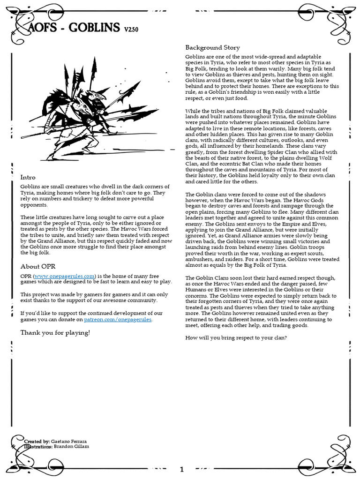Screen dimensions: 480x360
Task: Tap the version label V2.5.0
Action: click(x=131, y=30)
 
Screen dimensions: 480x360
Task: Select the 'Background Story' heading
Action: click(x=212, y=47)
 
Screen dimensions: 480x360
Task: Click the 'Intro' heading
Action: click(x=28, y=177)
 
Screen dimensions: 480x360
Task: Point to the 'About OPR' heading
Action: click(x=37, y=266)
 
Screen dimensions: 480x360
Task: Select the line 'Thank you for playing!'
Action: click(x=55, y=332)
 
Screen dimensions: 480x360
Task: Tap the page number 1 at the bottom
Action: click(x=181, y=469)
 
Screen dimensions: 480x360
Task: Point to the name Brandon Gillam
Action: click(x=71, y=447)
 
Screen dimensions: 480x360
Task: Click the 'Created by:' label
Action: click(x=37, y=442)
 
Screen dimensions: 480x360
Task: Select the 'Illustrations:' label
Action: click(x=38, y=447)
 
